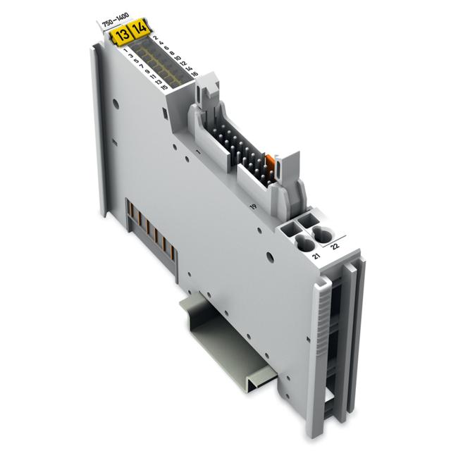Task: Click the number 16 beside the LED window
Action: pos(193,73)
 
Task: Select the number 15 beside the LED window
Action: pos(163,88)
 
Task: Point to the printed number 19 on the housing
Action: pos(251,206)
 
